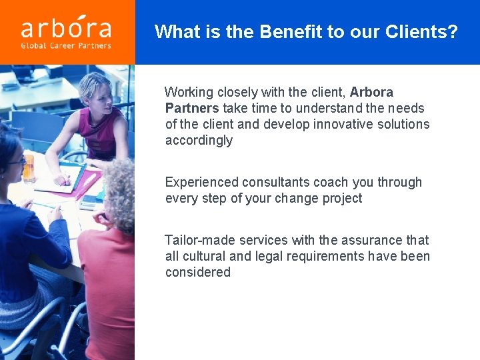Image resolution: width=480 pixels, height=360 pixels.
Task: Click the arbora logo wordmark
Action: point(66,27)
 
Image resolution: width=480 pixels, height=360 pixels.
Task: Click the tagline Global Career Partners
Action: point(66,46)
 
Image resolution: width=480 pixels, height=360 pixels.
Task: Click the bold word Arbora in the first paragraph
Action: point(371,92)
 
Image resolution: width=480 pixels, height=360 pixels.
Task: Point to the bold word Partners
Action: point(192,108)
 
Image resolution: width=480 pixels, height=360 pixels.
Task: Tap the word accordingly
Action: point(199,140)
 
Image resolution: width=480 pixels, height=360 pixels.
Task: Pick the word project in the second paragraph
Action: point(340,198)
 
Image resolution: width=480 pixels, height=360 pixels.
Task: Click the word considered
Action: point(198,272)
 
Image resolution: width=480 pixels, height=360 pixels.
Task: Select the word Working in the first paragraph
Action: point(189,92)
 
